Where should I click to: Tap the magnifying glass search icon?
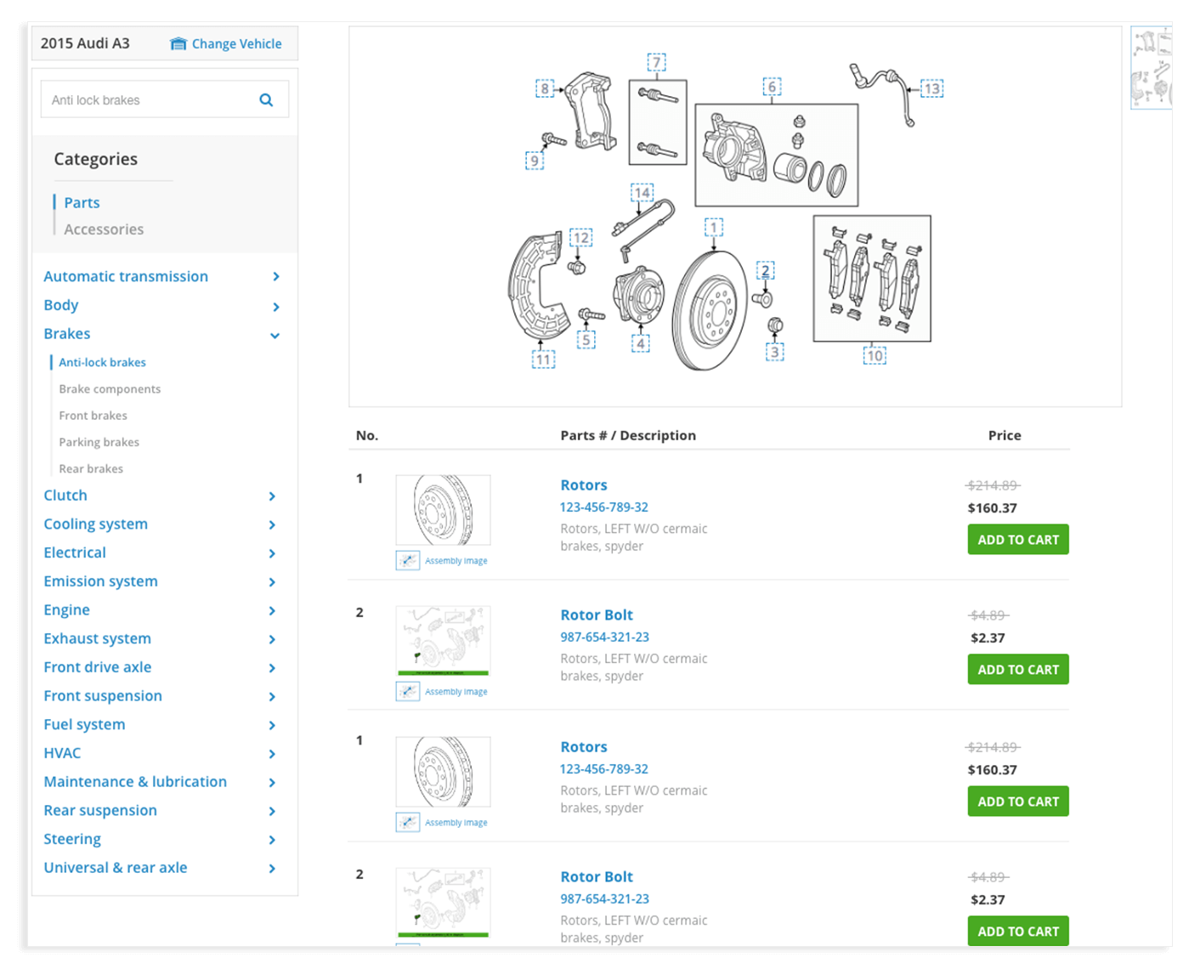266,99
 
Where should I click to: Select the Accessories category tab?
104,229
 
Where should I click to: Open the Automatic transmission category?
126,276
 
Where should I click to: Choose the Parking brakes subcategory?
99,442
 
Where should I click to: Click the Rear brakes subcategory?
91,468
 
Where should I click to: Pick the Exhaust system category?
98,638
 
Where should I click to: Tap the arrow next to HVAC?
272,754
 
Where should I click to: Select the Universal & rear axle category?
116,868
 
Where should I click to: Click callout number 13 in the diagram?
931,88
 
